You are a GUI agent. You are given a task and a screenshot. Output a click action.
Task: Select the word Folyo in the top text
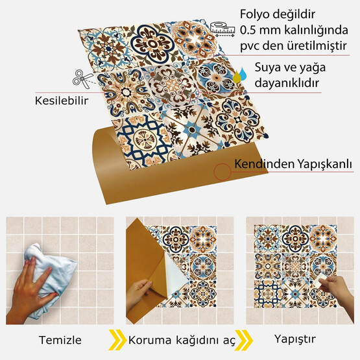pos(256,14)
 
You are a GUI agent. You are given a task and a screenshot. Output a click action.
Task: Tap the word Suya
pos(269,67)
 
